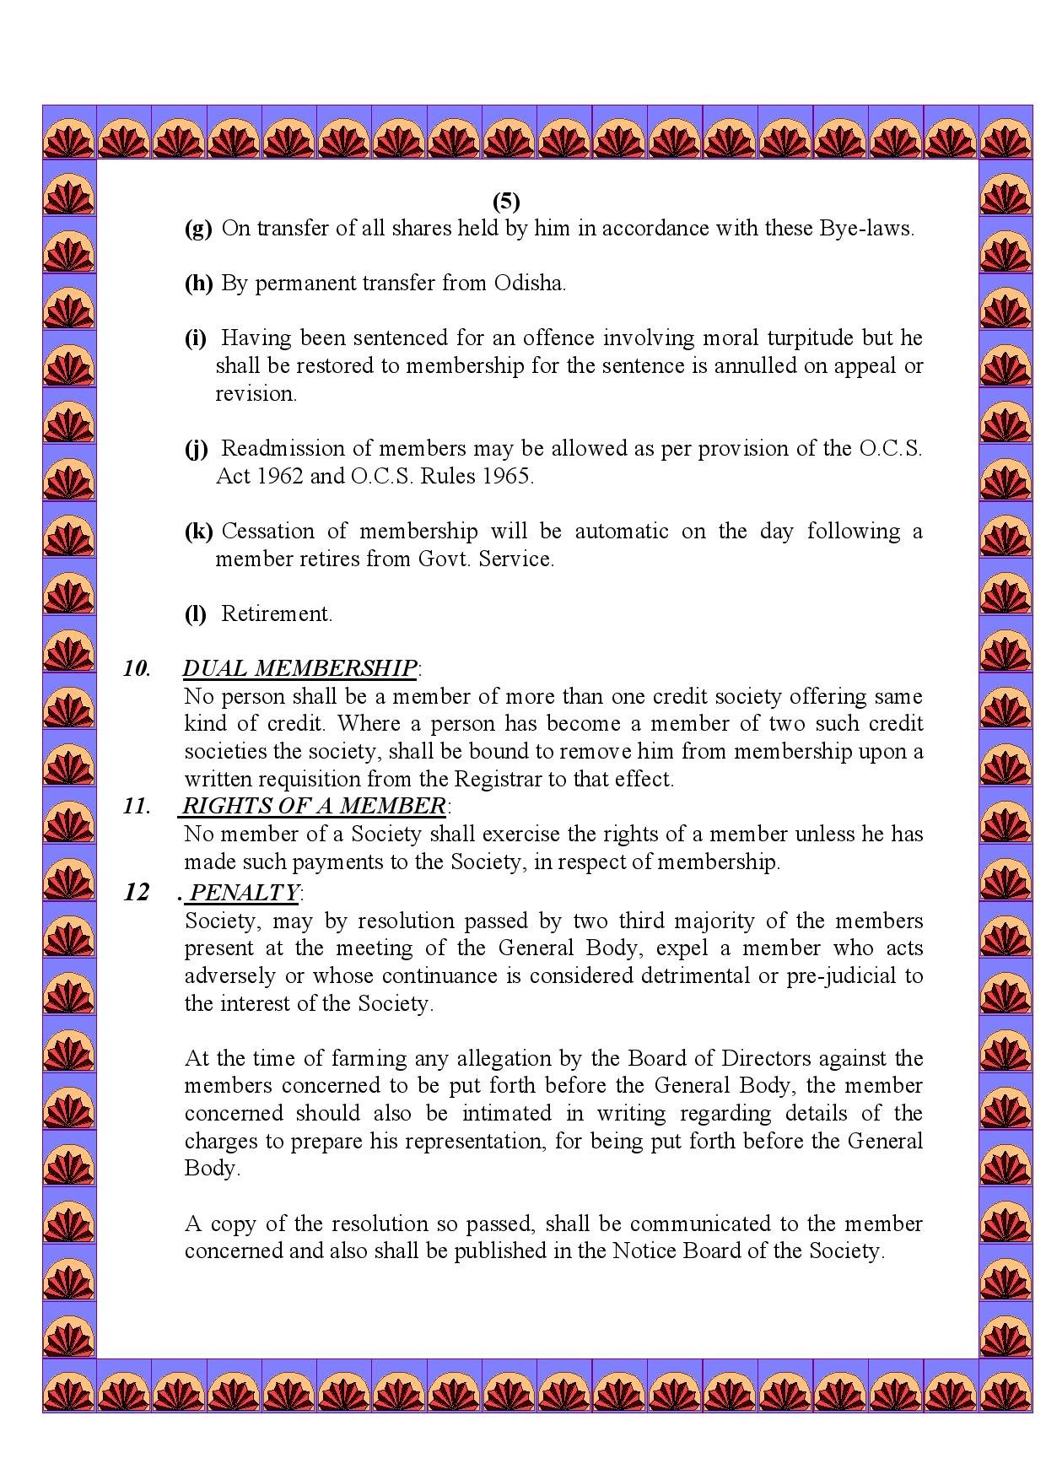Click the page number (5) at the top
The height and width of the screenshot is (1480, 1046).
tap(506, 202)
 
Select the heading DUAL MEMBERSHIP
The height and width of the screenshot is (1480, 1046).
tap(299, 668)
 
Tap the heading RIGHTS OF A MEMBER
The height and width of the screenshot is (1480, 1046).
tap(314, 806)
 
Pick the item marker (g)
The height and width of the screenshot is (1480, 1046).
tap(198, 230)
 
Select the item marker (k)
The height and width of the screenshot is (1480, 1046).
tap(198, 532)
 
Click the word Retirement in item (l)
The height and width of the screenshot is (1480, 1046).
tap(276, 614)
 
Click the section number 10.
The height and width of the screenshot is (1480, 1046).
tap(137, 669)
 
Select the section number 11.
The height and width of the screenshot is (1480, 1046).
tap(137, 806)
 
